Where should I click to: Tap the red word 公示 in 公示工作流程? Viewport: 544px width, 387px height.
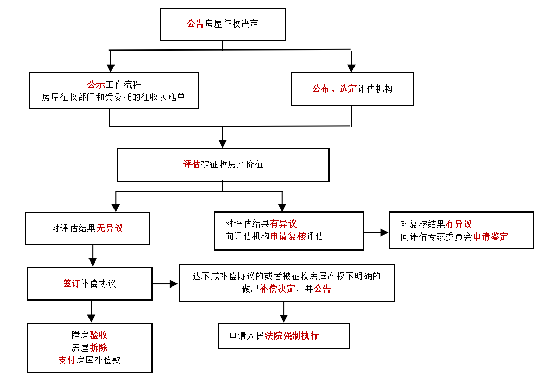click(x=96, y=84)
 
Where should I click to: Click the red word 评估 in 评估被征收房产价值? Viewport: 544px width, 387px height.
click(x=192, y=164)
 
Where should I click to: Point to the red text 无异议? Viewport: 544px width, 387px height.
click(x=110, y=228)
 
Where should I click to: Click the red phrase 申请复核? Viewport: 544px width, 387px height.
click(x=288, y=236)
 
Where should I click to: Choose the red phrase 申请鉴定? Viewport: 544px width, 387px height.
click(x=490, y=236)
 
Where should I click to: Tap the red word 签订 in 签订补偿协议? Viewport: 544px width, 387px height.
click(x=71, y=283)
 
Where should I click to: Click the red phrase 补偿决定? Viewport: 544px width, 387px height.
click(x=277, y=289)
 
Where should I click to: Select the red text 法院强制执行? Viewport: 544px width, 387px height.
click(x=292, y=335)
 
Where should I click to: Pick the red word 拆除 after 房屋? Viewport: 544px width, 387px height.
click(x=98, y=347)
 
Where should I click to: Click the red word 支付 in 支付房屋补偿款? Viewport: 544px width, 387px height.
click(x=67, y=360)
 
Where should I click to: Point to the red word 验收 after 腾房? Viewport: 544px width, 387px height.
click(x=98, y=335)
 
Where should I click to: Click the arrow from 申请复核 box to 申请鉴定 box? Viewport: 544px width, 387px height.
click(x=376, y=232)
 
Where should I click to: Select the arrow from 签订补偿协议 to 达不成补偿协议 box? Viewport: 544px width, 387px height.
click(x=165, y=284)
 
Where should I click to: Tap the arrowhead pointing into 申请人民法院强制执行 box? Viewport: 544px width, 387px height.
click(x=284, y=318)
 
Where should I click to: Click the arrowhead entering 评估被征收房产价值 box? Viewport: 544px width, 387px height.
click(x=223, y=144)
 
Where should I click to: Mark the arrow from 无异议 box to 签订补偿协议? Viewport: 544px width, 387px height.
click(x=93, y=255)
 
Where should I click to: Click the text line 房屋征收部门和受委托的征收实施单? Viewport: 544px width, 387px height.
click(x=113, y=97)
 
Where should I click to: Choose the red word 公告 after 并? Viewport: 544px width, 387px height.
click(x=323, y=289)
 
